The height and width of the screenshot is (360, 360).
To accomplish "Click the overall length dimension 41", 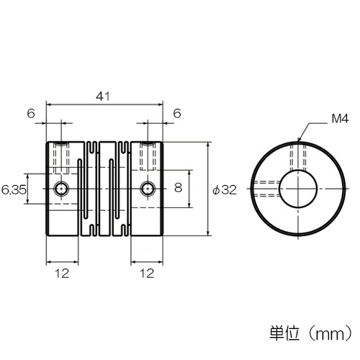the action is [x=103, y=96].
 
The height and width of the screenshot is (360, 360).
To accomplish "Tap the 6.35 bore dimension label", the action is [x=14, y=190].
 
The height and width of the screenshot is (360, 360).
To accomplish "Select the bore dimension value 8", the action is [x=178, y=187].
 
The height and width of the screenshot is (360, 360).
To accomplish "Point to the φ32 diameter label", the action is [x=225, y=190].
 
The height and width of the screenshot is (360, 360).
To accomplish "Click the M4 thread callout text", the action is [x=340, y=119].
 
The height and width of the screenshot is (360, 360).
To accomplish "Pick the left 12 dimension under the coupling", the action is [x=62, y=274].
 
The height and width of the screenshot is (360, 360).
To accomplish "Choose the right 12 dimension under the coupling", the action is [x=147, y=274].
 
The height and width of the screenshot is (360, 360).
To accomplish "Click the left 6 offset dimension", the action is [x=31, y=113].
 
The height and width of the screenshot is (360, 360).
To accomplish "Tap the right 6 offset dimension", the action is [x=177, y=113].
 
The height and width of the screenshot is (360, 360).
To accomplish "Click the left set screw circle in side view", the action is [x=61, y=189].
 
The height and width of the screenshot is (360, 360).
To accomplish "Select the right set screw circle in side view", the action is [x=148, y=189].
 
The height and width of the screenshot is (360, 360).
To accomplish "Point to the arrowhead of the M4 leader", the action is [x=299, y=140].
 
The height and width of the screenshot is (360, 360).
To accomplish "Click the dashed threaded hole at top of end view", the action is [x=298, y=157].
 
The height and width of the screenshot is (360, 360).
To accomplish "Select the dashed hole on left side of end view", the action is [x=266, y=189].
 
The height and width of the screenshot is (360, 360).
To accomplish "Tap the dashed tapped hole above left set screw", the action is [x=61, y=158].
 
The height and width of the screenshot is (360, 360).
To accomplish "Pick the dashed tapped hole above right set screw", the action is [x=148, y=156].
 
